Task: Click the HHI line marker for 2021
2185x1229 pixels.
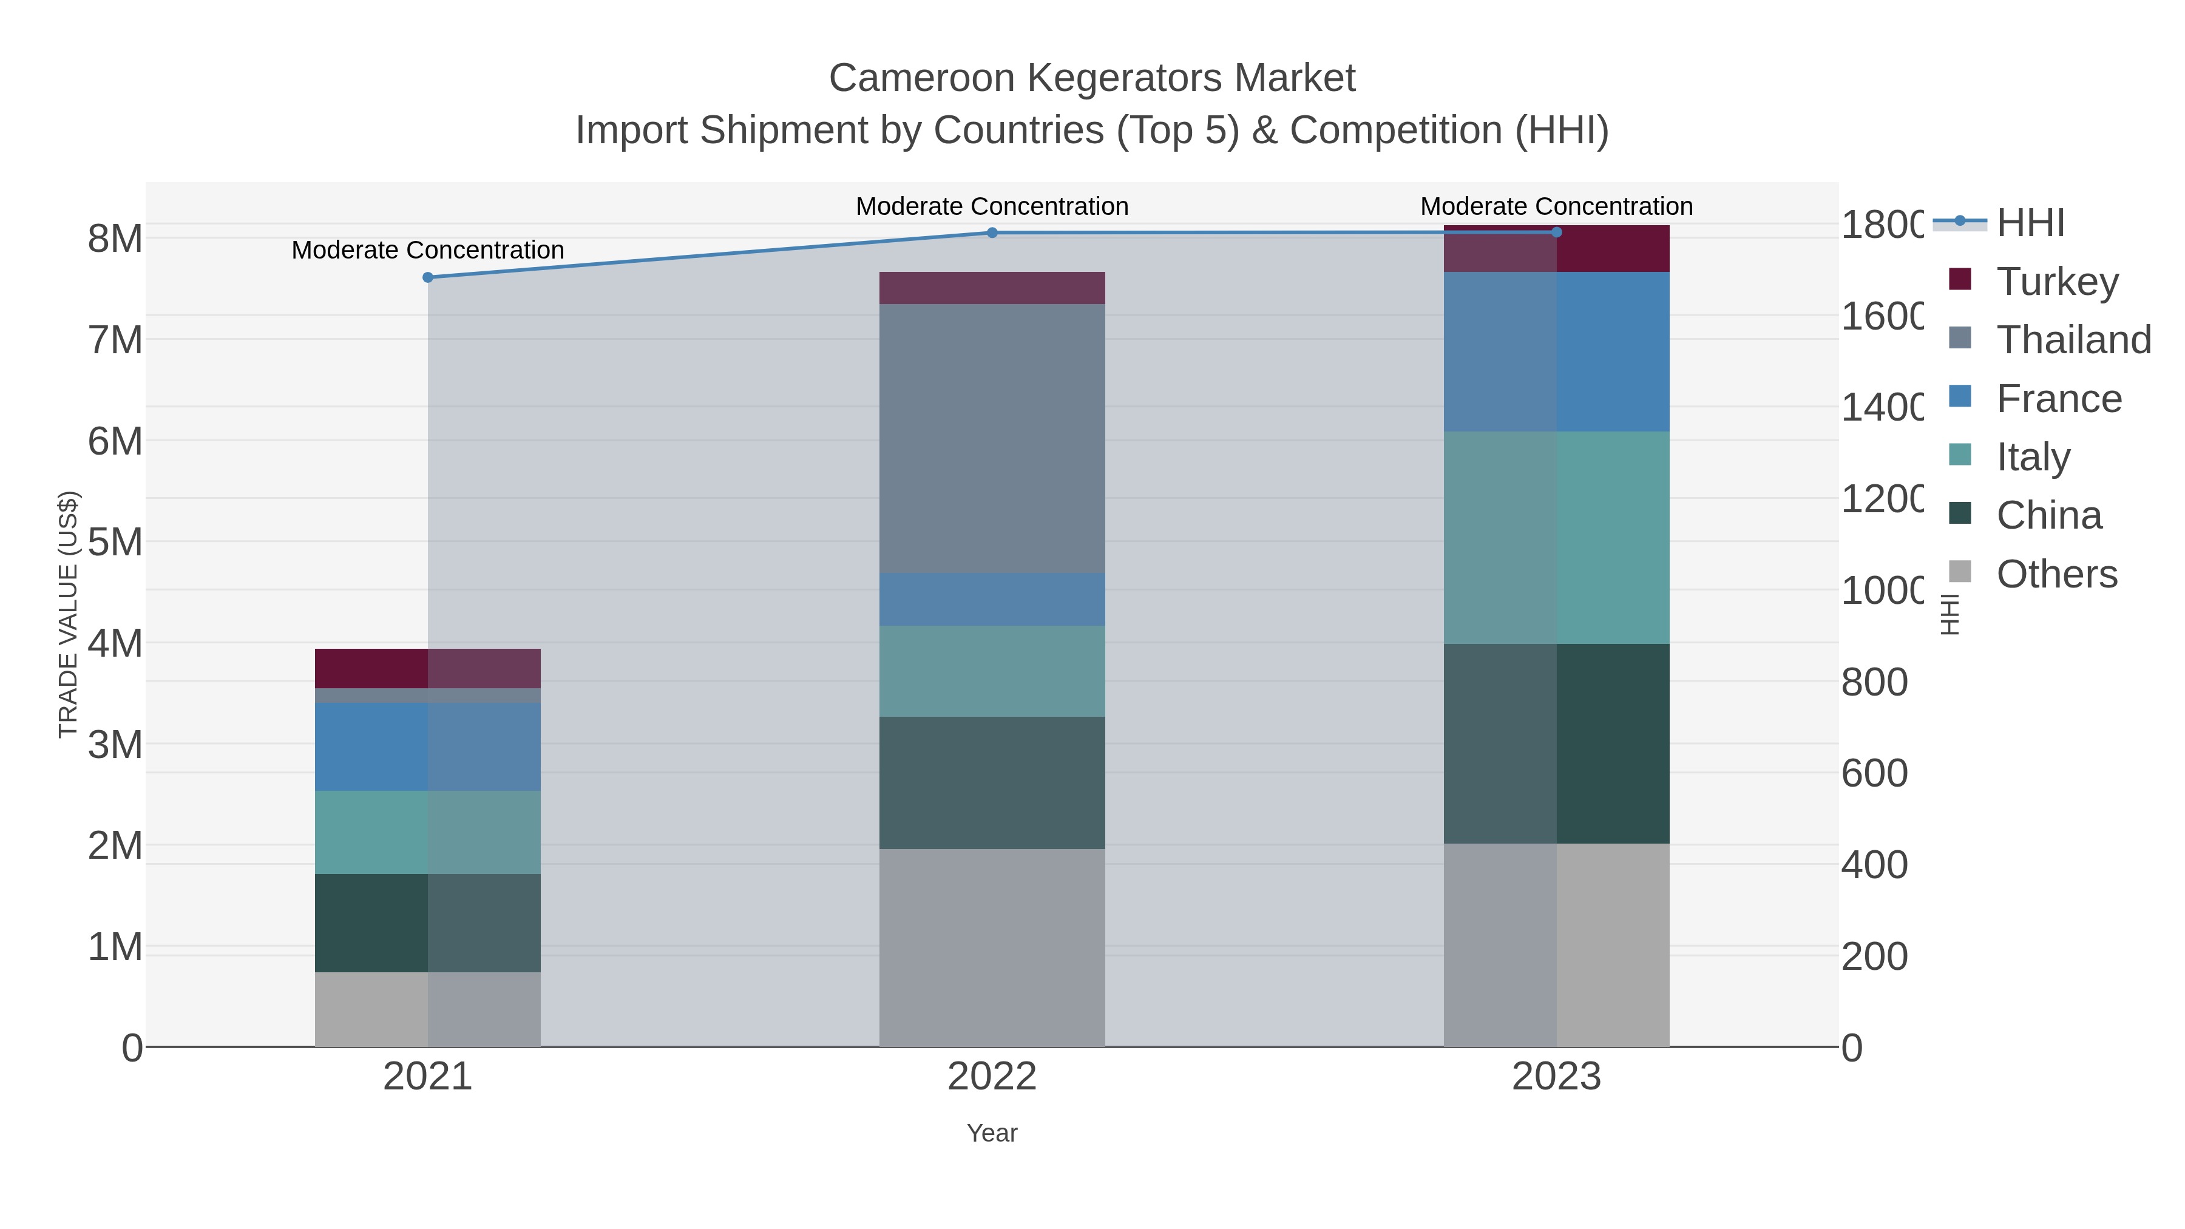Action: (427, 277)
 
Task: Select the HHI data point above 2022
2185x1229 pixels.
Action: (992, 232)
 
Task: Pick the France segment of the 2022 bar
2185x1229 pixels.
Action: (992, 599)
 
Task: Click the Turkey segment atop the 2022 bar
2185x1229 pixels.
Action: (992, 288)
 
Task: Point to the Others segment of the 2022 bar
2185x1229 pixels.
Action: (992, 947)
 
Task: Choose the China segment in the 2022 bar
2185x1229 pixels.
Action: (992, 782)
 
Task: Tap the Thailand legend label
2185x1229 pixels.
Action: (2073, 339)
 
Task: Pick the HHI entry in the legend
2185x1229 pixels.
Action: (2030, 223)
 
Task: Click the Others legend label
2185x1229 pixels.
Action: (2056, 574)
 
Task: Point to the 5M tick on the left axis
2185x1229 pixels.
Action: (115, 542)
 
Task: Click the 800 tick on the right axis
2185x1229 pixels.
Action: (1875, 682)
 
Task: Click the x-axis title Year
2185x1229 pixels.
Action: (992, 1133)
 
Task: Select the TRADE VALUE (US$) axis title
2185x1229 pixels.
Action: (68, 614)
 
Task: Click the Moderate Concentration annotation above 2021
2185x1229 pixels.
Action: (427, 250)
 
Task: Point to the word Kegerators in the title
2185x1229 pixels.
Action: (1126, 78)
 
